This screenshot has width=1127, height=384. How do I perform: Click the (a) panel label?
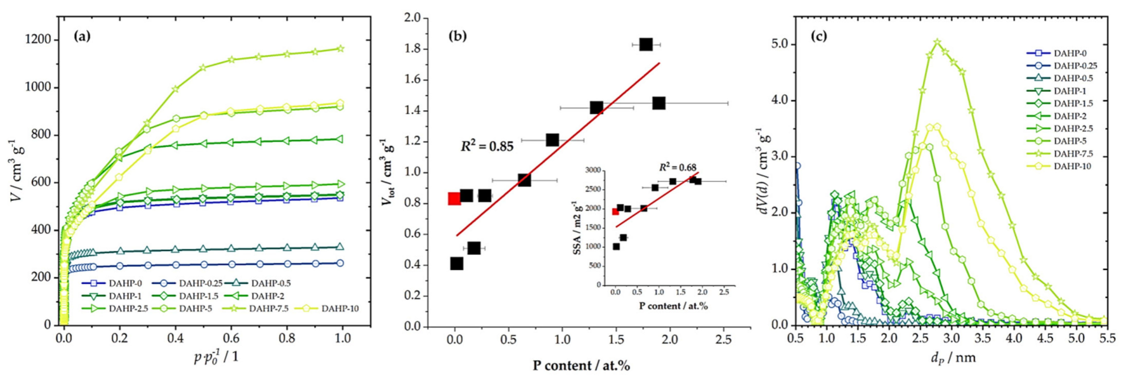[x=82, y=36]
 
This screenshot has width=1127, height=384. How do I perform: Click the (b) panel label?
[x=458, y=36]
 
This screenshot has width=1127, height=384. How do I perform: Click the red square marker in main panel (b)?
[x=455, y=199]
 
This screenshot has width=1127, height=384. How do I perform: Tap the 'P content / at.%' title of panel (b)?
[x=581, y=365]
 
